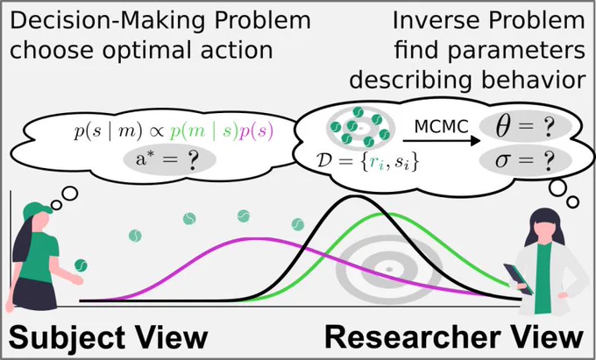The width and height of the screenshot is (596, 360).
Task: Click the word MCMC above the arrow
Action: point(441,127)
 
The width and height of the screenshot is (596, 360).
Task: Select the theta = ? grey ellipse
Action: point(525,130)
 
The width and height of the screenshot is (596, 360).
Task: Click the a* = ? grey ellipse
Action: point(169,159)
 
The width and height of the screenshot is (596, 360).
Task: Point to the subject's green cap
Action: point(35,211)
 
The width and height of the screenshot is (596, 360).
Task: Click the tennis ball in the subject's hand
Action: point(81,265)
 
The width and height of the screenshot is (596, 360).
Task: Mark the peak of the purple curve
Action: point(259,239)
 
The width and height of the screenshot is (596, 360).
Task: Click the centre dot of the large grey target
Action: point(389,269)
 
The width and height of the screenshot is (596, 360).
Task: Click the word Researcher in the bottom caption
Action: point(412,337)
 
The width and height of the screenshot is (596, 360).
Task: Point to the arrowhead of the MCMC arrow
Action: point(474,141)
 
